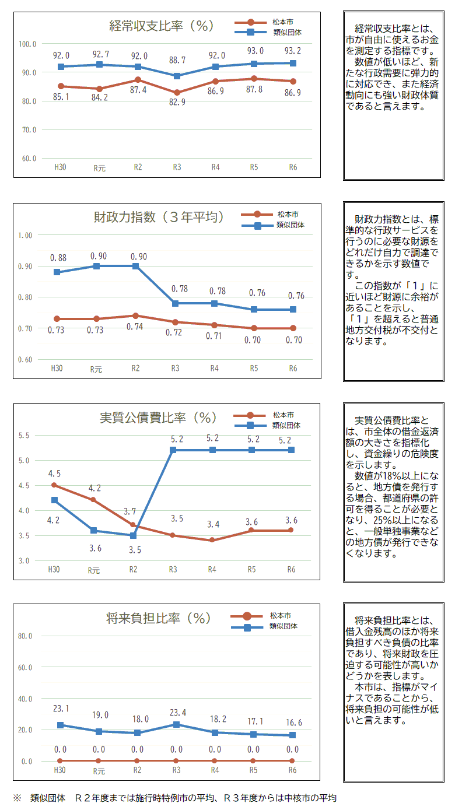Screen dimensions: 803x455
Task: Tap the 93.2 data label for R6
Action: tap(293, 51)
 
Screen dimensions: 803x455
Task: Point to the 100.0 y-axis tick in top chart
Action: tap(27, 44)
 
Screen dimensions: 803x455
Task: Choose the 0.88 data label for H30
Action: tap(58, 258)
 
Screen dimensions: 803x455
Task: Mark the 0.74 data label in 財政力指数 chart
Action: tap(135, 327)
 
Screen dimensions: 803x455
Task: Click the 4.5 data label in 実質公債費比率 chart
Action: tap(54, 474)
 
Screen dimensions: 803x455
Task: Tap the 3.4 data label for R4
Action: tap(213, 524)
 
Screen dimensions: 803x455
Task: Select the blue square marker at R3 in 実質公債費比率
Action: tap(173, 450)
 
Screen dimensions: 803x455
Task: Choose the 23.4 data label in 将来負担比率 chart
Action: tap(176, 712)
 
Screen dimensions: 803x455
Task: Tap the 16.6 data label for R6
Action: tap(293, 723)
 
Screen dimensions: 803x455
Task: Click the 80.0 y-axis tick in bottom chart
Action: tap(25, 636)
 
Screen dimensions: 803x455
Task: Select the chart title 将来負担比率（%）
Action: tap(159, 619)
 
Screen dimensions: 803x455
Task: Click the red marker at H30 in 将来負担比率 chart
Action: tap(60, 761)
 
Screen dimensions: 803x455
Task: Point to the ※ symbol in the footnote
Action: tap(17, 798)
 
